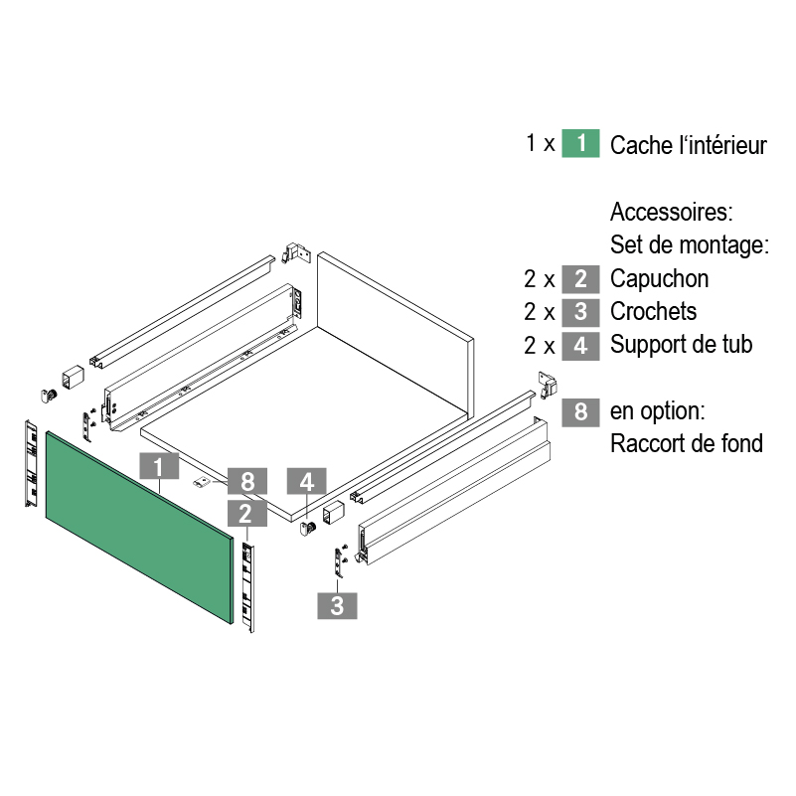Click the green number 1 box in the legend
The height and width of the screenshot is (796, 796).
click(x=580, y=143)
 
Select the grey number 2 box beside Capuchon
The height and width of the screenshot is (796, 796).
click(x=580, y=278)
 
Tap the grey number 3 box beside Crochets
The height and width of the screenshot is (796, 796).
click(x=580, y=311)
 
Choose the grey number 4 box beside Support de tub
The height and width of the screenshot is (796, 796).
click(x=580, y=345)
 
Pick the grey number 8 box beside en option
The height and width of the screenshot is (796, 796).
click(x=580, y=410)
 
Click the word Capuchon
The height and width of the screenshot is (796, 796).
click(x=659, y=279)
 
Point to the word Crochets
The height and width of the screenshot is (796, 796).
click(x=653, y=312)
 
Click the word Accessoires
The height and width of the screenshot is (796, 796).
click(x=672, y=213)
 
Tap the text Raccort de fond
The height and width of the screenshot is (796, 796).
click(x=687, y=443)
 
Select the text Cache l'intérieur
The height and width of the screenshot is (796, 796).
click(x=689, y=146)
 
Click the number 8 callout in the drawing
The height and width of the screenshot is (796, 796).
click(x=247, y=481)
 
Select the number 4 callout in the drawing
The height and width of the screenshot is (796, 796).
click(x=307, y=482)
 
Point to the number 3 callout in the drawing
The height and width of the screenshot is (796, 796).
click(x=337, y=604)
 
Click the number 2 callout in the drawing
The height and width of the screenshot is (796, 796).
click(x=245, y=513)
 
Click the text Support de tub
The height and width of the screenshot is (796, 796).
click(x=682, y=346)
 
